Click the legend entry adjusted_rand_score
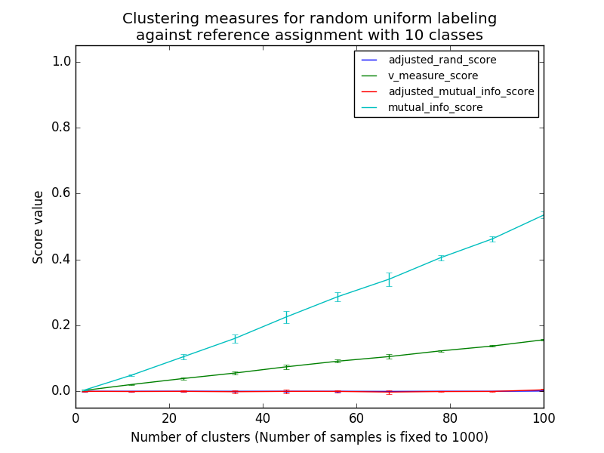[x=442, y=60]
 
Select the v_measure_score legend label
[x=433, y=75]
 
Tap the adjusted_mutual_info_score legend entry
[x=461, y=91]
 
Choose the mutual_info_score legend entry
[x=435, y=107]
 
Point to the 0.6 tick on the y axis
[x=61, y=193]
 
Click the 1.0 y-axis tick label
[x=61, y=61]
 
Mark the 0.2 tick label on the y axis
[x=61, y=325]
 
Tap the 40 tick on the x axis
[x=263, y=418]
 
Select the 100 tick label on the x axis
[x=544, y=418]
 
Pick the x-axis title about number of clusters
[x=310, y=437]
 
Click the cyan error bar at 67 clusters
[x=390, y=279]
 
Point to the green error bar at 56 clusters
[x=338, y=361]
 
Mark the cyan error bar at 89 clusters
[x=492, y=239]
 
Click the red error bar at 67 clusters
[x=390, y=392]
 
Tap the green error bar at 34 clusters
[x=235, y=373]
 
